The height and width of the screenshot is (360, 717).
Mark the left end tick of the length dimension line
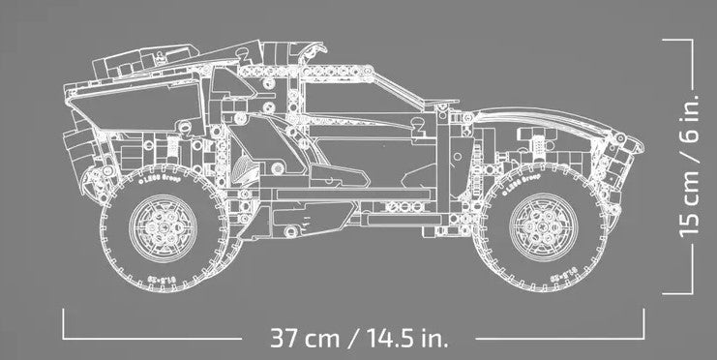pyautogui.click(x=65, y=322)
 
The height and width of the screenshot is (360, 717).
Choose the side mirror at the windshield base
pyautogui.click(x=418, y=124)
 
